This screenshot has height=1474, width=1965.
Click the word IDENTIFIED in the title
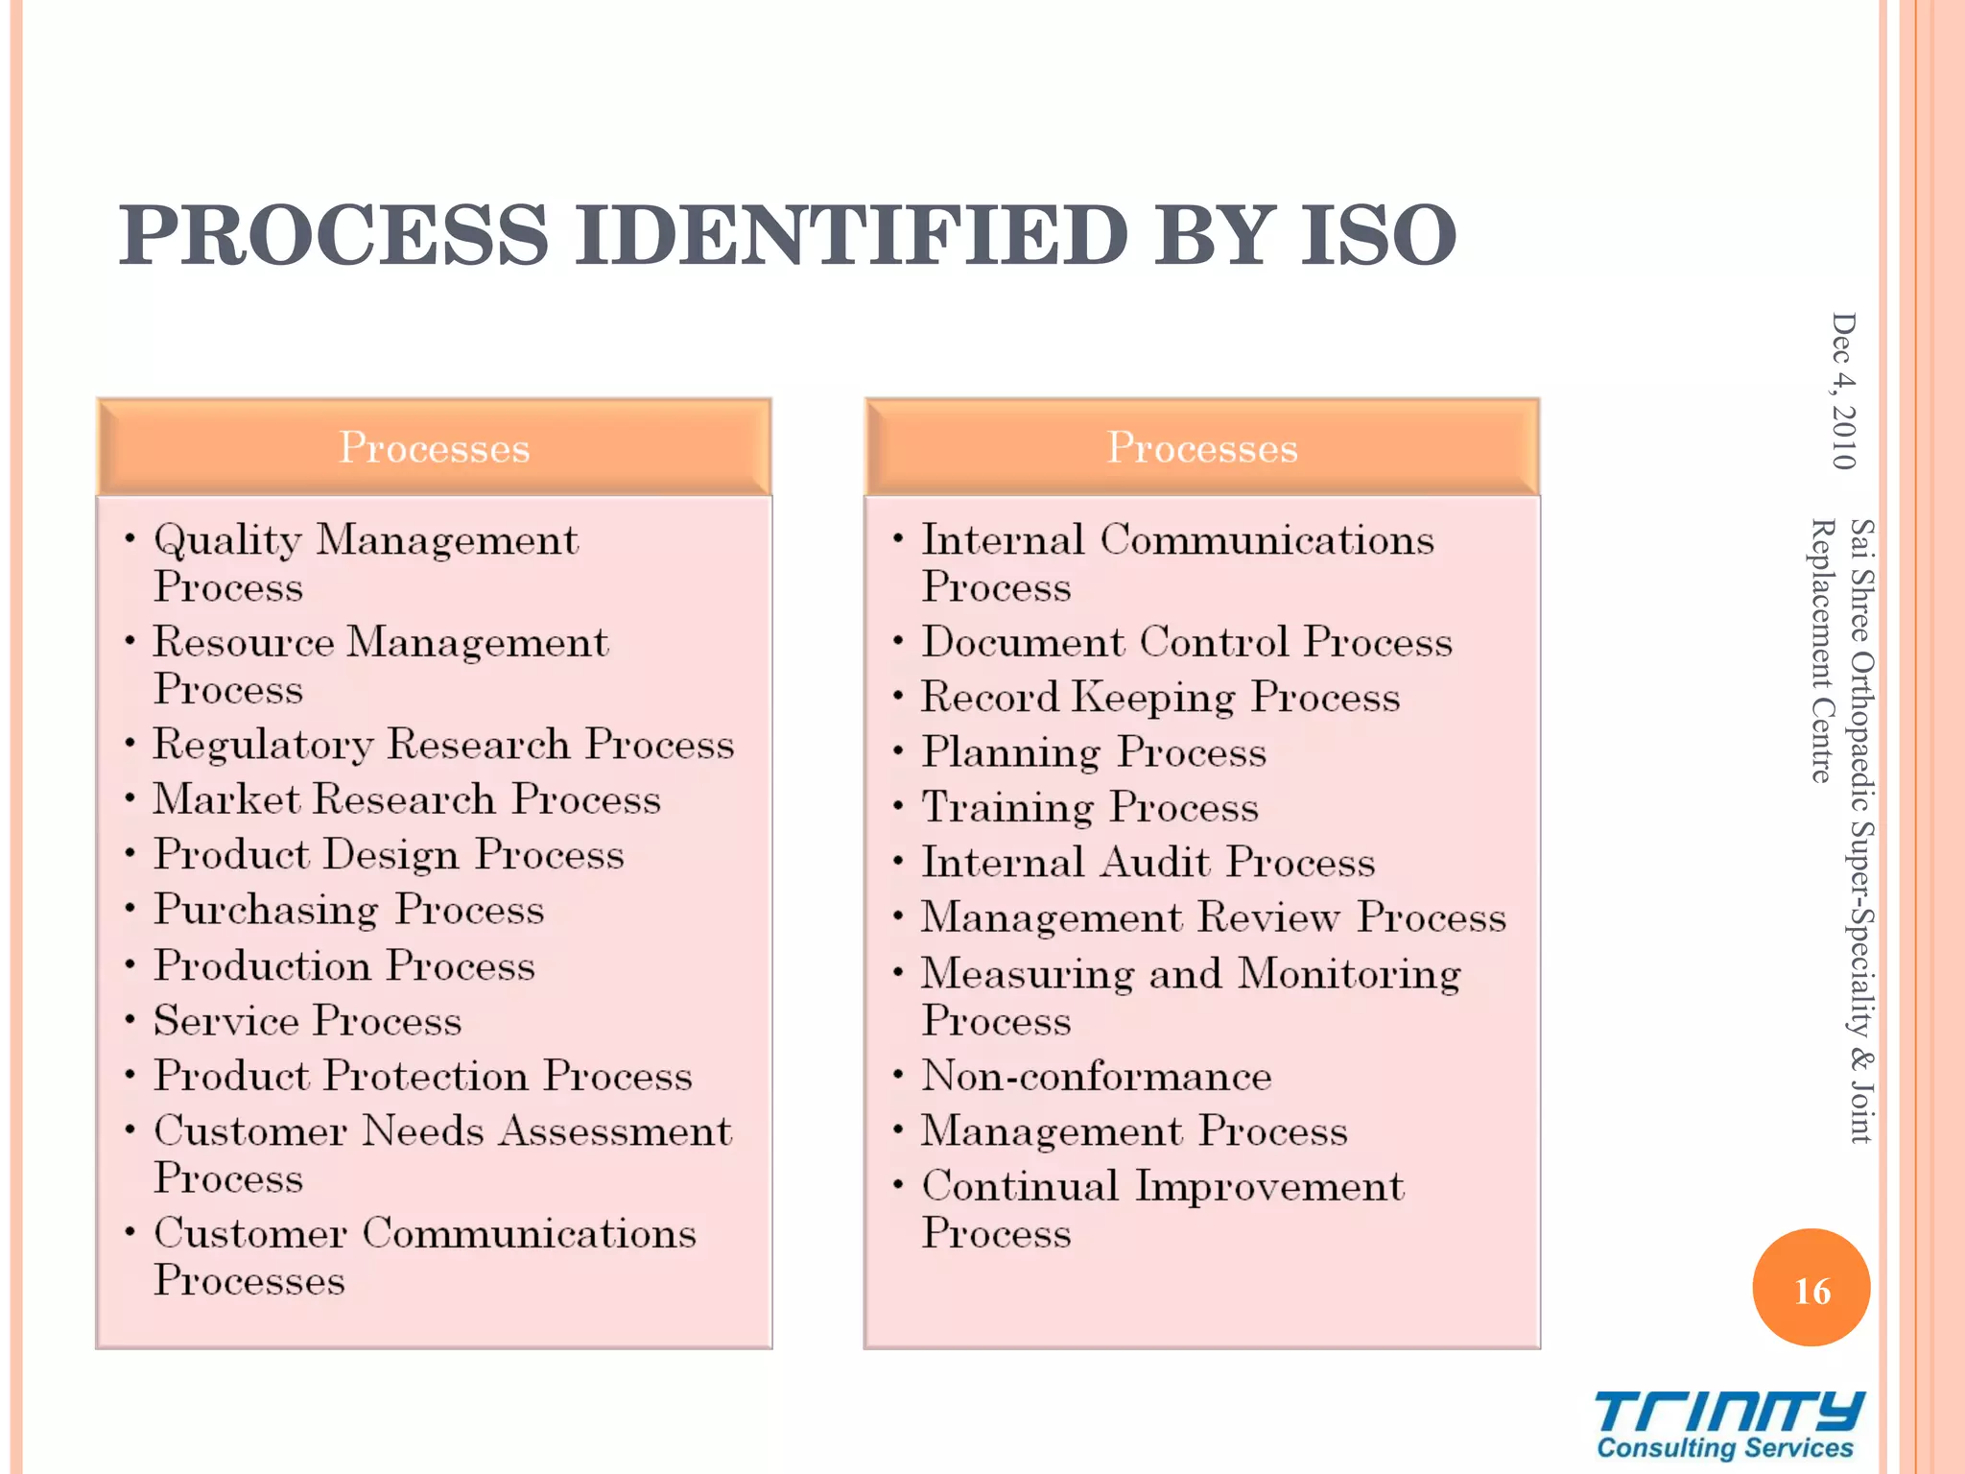pos(851,235)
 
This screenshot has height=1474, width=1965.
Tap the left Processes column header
pos(434,447)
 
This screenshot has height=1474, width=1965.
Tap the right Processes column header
pos(1201,447)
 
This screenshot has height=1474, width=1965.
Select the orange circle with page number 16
pos(1811,1289)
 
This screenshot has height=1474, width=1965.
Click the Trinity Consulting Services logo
pos(1727,1425)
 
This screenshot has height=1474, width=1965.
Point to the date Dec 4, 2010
pos(1843,391)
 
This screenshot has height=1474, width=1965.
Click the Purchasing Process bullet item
pos(348,910)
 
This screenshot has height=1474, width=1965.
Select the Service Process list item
pos(307,1021)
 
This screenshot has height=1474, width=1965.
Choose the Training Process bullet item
pos(1089,807)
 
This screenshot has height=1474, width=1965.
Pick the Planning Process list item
pos(1093,752)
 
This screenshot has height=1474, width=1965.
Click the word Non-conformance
pos(1096,1076)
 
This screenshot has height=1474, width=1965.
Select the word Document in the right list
pos(1023,642)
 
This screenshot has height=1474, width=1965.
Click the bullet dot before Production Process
pos(130,963)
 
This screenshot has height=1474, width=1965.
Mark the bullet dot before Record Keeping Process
pos(898,695)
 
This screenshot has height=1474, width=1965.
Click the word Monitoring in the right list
pos(1349,974)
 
